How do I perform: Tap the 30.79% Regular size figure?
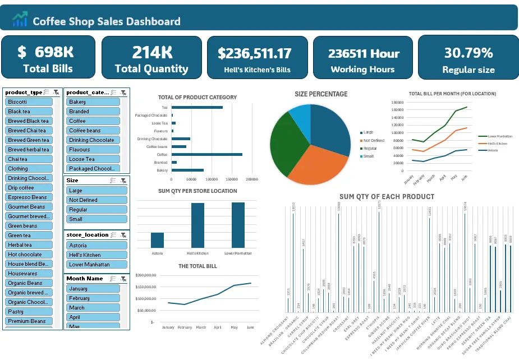[468, 53]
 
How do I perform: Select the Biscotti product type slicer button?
[29, 102]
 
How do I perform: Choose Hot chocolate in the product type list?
[29, 255]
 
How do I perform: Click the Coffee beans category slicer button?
[93, 131]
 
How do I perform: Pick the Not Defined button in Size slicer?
[93, 200]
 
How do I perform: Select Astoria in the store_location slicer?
[93, 246]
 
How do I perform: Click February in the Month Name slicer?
[93, 298]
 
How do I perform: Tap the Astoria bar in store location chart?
[158, 240]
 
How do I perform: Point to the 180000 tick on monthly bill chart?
[397, 103]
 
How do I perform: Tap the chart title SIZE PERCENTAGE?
[321, 94]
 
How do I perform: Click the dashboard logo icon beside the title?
[20, 20]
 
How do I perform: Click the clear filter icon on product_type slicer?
[56, 92]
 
